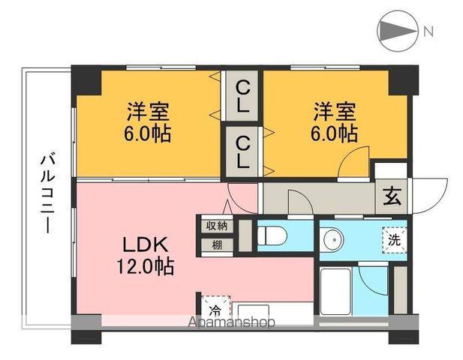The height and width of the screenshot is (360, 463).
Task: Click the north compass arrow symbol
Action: coord(395,31)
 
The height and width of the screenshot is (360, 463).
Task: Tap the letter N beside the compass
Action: coord(428,31)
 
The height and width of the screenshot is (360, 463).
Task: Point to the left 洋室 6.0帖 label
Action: coord(147,123)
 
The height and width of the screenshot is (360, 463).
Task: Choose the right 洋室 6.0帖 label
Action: coord(335,123)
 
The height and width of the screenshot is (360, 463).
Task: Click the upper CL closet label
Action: coord(242,97)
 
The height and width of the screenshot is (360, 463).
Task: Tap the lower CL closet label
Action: coord(242,151)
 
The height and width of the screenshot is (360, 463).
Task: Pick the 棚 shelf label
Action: coord(217,244)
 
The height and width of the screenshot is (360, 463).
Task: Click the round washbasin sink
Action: coord(331,240)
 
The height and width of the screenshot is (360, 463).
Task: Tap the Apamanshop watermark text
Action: coord(232,322)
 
